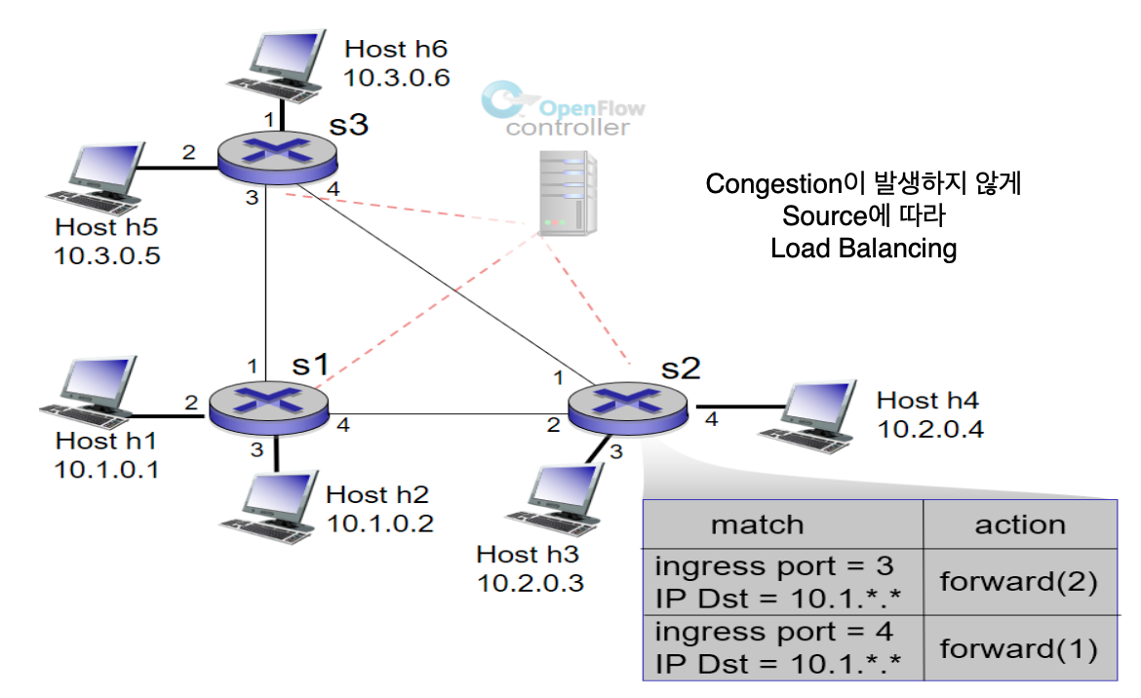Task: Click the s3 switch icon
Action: (x=277, y=158)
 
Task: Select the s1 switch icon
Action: (x=268, y=408)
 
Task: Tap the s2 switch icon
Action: (x=627, y=407)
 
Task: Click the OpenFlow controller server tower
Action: (x=568, y=193)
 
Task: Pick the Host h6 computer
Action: (x=277, y=66)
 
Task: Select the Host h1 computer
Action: (x=89, y=393)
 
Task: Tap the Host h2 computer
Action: (x=270, y=507)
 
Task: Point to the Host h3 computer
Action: (x=555, y=499)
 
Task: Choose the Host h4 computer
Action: (x=807, y=416)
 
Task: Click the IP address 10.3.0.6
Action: (x=397, y=78)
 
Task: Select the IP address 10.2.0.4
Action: (x=930, y=429)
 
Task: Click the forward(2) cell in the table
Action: (x=1020, y=582)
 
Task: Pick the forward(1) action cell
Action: (x=1020, y=648)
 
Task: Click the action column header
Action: (x=1020, y=524)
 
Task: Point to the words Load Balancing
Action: (x=864, y=249)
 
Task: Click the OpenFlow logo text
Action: (x=592, y=108)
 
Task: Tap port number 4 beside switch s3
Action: (x=334, y=189)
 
